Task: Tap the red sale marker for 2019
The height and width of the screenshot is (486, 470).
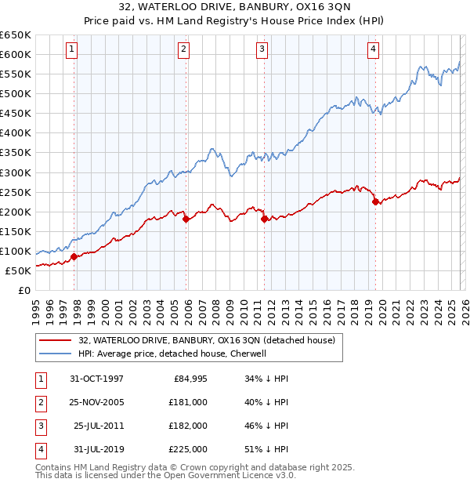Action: click(375, 201)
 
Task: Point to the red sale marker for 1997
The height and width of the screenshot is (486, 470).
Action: click(74, 256)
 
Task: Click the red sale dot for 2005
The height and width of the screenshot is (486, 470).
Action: click(186, 219)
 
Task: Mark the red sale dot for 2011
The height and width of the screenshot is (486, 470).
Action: click(264, 219)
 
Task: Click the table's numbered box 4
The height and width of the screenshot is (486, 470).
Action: click(40, 449)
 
